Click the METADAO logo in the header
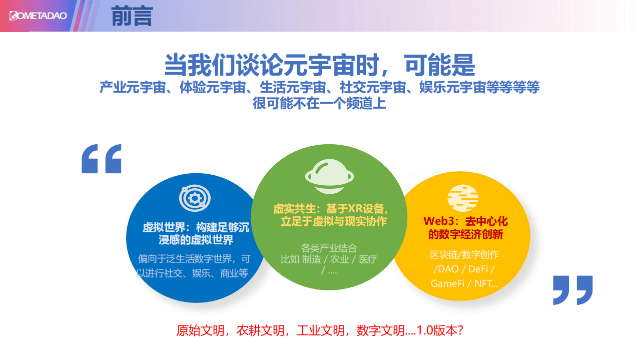click(38, 16)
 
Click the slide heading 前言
click(132, 17)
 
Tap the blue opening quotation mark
click(102, 159)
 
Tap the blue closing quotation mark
click(572, 290)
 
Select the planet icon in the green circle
click(329, 175)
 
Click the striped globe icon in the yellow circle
click(462, 198)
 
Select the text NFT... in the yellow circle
click(486, 283)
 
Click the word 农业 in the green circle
click(340, 259)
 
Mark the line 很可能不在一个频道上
click(319, 104)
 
